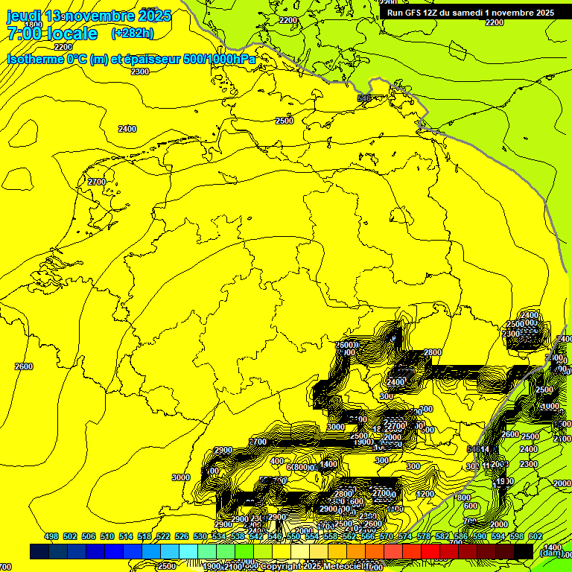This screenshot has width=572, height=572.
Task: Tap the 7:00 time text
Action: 23,34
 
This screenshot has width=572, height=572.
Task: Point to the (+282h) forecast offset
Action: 132,34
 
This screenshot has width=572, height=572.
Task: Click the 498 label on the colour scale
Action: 51,536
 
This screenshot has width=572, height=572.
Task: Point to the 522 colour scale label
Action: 162,536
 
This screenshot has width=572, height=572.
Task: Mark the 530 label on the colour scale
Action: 200,536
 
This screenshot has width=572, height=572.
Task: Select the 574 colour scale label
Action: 404,536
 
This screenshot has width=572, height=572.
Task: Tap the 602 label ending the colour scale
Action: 535,536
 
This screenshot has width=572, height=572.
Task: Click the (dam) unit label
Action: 550,552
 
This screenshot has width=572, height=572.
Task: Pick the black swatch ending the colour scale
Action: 524,551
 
